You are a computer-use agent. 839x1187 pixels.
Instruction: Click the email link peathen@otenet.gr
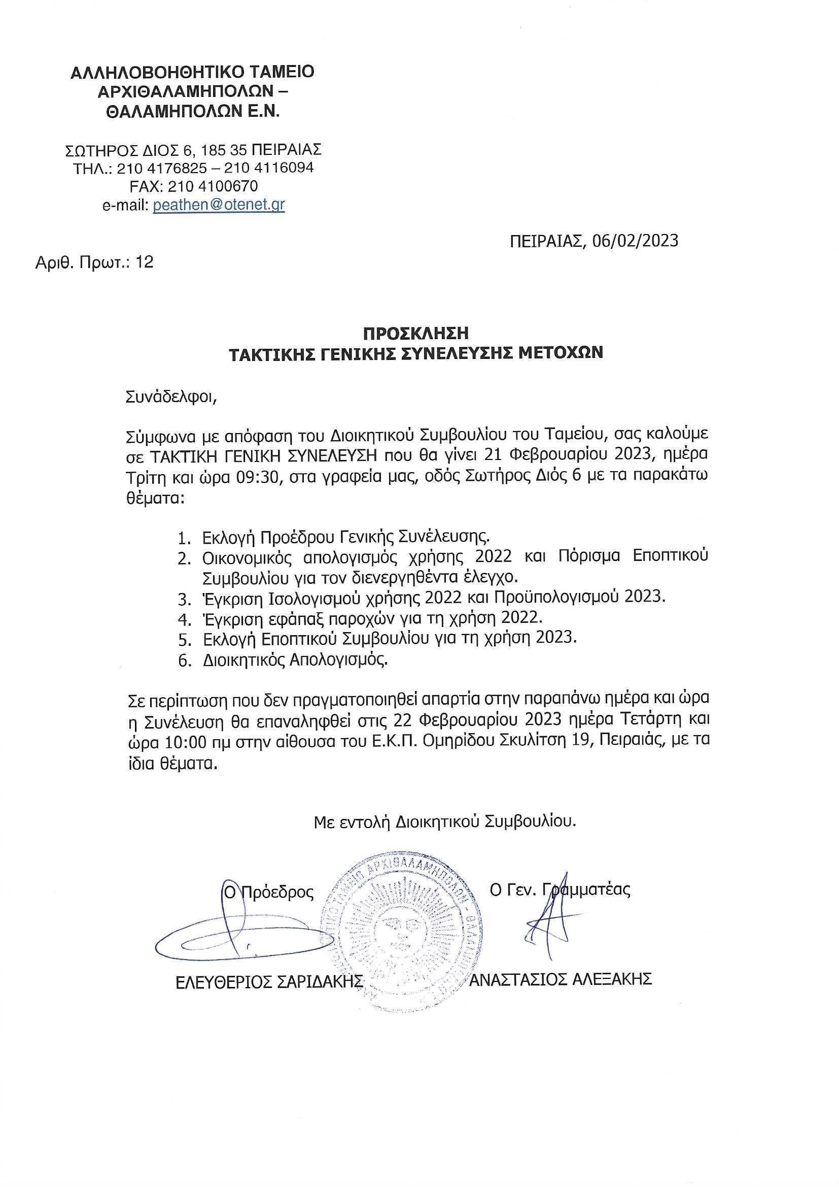tap(219, 205)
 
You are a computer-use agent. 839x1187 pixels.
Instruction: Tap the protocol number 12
tap(144, 262)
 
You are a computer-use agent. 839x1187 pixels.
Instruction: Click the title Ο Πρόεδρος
tap(268, 893)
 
